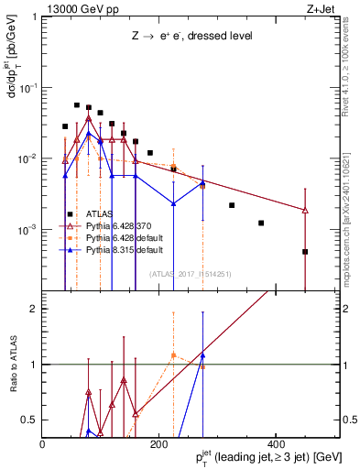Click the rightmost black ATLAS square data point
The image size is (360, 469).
(305, 251)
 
